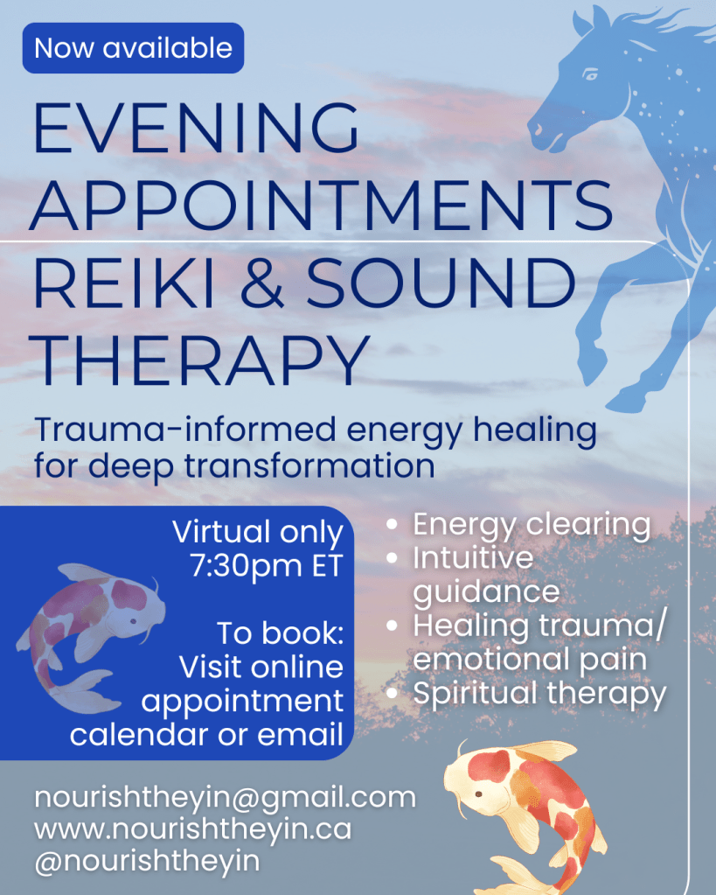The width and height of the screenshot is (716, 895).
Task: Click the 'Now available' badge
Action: point(134,47)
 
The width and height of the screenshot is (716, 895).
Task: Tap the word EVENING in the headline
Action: point(195,129)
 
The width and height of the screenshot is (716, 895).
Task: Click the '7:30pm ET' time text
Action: point(266,566)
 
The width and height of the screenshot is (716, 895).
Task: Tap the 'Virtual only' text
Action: point(258,532)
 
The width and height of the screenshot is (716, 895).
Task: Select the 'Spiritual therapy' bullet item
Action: point(539,694)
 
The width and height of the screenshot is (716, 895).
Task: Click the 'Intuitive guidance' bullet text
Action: point(486,574)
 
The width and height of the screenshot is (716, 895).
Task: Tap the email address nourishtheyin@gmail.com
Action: point(225,798)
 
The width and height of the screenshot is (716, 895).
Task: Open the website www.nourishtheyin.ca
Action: point(192,829)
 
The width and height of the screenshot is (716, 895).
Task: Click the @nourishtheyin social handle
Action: point(147,860)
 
